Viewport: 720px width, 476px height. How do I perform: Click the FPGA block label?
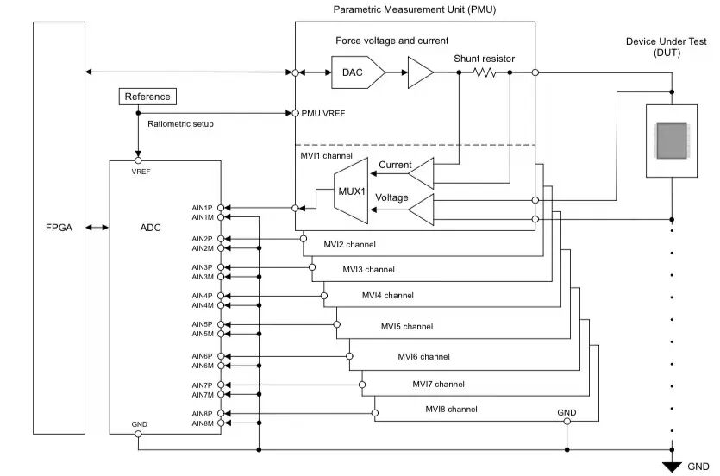tap(59, 229)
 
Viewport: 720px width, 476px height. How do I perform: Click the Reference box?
tap(147, 97)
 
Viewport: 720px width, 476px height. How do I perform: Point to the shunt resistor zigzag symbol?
tap(485, 73)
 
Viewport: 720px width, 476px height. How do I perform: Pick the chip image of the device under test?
tap(671, 141)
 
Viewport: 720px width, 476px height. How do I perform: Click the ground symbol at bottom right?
tap(672, 467)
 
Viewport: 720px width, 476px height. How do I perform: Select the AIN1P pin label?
tap(202, 208)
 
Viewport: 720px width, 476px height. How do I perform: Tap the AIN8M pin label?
tap(202, 423)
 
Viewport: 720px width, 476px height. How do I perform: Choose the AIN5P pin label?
tap(202, 324)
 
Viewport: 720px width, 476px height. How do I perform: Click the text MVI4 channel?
tap(387, 296)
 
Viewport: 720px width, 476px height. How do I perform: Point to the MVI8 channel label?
tap(451, 410)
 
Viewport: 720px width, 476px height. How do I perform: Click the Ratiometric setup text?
tap(180, 124)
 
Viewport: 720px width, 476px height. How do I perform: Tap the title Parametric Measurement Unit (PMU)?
tap(415, 9)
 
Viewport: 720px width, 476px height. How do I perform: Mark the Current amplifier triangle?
tap(422, 177)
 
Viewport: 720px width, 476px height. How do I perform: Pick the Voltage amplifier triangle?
tap(422, 209)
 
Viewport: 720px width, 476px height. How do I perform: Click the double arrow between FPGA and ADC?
tap(97, 229)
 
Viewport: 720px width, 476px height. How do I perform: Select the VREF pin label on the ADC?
tap(141, 172)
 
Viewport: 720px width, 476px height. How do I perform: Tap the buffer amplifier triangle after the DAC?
tap(420, 72)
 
